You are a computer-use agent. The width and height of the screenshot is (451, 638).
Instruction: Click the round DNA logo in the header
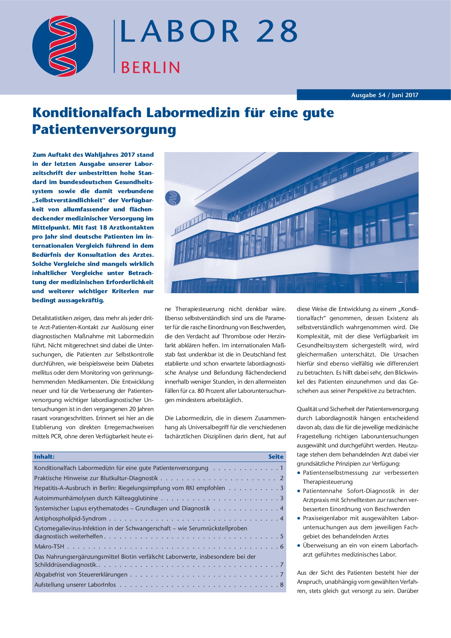tap(63, 46)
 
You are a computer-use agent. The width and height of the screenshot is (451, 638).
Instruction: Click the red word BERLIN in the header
tap(150, 68)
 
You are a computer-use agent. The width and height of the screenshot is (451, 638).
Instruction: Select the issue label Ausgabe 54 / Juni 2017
tap(384, 95)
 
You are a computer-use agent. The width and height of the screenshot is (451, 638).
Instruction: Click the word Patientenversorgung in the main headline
tap(104, 129)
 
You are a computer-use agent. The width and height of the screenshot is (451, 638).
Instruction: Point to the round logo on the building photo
tap(173, 198)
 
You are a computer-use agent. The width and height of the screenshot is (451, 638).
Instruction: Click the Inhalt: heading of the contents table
tap(44, 457)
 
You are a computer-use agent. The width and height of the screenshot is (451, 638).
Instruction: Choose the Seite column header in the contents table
tap(276, 457)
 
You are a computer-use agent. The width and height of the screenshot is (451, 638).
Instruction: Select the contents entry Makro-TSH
tap(49, 547)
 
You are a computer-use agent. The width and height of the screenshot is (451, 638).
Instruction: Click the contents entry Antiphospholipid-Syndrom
tap(71, 519)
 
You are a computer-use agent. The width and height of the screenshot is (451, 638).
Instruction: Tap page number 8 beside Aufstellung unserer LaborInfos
tap(282, 585)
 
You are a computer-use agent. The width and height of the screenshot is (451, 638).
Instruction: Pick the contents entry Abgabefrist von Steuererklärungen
tap(81, 575)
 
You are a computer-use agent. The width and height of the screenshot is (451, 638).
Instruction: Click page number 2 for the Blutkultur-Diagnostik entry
tap(282, 478)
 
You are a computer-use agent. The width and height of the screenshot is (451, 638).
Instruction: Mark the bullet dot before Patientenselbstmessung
tap(299, 473)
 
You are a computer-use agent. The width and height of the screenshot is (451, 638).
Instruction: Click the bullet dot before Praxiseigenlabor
tap(299, 518)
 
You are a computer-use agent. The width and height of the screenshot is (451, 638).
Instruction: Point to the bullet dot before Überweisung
tap(299, 546)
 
